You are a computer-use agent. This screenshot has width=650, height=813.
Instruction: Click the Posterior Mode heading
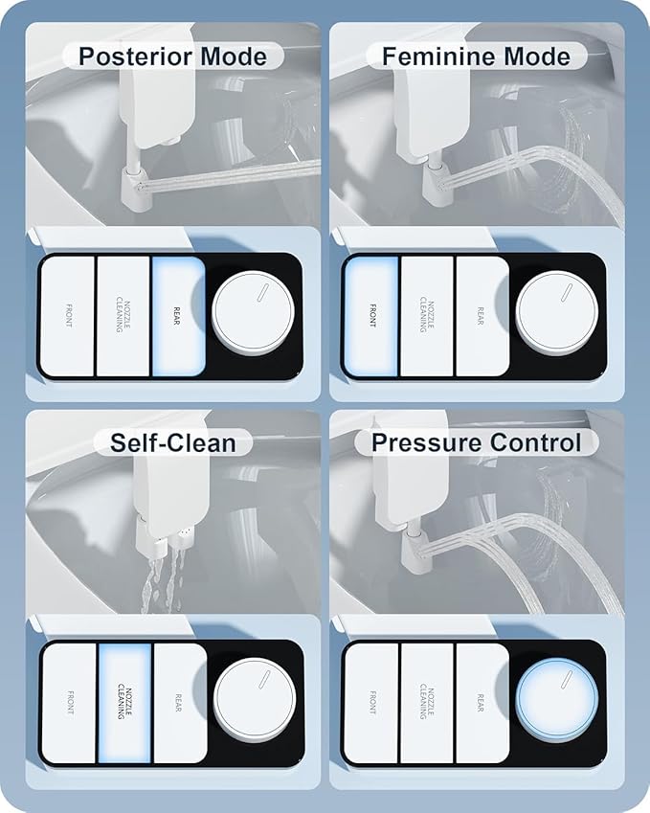tap(173, 55)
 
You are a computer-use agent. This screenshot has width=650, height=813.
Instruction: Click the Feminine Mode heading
tap(476, 55)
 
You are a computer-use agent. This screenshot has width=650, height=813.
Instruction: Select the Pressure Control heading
tap(476, 442)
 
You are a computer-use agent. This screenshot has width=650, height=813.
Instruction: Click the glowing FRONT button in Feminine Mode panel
tap(371, 316)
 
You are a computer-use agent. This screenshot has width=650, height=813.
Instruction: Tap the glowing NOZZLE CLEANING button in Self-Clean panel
tap(124, 703)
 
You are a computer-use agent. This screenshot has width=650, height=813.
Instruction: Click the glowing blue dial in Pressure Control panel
tap(557, 703)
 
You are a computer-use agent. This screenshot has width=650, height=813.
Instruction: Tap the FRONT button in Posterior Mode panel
tap(68, 316)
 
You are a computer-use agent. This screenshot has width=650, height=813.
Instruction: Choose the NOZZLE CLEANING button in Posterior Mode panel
tap(123, 316)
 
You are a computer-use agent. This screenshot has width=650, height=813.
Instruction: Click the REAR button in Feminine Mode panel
tap(482, 316)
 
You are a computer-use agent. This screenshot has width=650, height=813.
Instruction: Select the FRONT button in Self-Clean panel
tap(69, 703)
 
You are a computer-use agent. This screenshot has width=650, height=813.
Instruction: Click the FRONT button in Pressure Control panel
tap(371, 703)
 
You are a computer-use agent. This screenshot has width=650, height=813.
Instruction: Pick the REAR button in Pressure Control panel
tap(482, 703)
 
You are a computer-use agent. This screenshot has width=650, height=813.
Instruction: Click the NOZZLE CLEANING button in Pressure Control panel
tap(426, 703)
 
